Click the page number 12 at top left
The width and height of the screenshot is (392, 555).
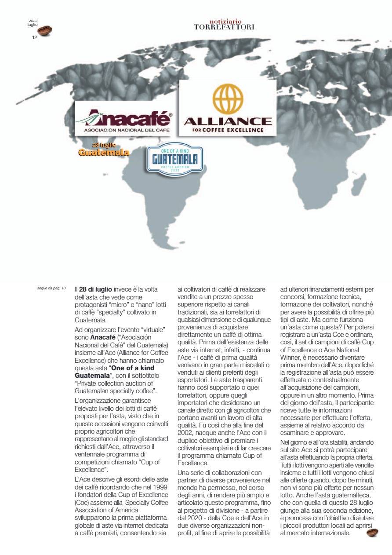click(35, 37)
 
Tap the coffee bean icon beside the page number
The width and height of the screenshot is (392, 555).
click(45, 31)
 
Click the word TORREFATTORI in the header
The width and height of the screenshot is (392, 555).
click(224, 27)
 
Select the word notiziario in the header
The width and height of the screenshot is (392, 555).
click(224, 21)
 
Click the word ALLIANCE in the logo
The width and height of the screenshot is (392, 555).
click(228, 121)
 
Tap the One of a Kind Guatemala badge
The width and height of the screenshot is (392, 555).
click(171, 161)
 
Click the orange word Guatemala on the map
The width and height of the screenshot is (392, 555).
click(103, 153)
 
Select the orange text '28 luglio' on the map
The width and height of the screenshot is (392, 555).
click(104, 145)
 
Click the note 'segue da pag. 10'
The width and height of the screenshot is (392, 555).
click(51, 288)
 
